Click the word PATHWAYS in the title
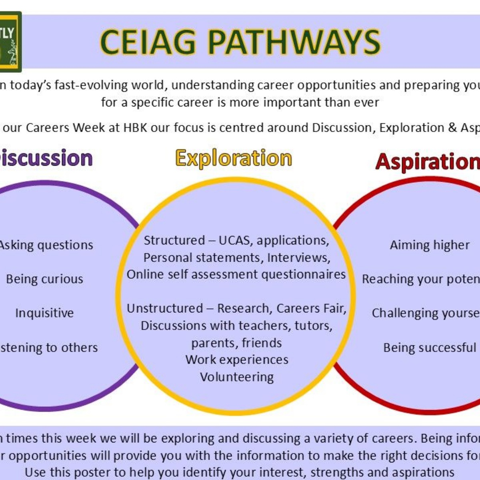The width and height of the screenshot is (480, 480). [294, 42]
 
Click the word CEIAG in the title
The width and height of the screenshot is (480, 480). [148, 42]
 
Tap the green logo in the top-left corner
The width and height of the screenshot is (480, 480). [10, 42]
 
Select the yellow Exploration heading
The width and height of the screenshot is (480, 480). [234, 158]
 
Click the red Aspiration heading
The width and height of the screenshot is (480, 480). [427, 162]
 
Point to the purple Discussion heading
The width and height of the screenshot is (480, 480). [46, 158]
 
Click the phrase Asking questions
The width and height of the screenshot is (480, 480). [46, 245]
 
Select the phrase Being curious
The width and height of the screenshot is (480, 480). [44, 279]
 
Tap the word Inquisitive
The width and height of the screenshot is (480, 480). [44, 313]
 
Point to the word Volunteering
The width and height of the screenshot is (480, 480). [237, 377]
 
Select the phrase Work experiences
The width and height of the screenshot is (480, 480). [237, 360]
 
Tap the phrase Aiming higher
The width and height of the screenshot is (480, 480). [430, 245]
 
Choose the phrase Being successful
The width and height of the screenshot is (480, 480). [430, 347]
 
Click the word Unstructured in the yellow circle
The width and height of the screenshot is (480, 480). [165, 308]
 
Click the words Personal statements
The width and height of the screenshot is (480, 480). [203, 258]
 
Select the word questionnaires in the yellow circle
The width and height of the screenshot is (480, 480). [304, 274]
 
